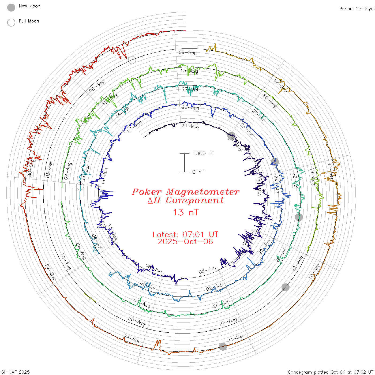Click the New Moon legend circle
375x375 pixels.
[11, 8]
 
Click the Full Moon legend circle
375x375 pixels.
[11, 22]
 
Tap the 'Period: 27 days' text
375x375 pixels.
[356, 9]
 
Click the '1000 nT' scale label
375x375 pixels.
[203, 153]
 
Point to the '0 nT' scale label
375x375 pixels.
[198, 172]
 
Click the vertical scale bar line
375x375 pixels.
[184, 163]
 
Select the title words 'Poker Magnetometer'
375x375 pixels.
[185, 192]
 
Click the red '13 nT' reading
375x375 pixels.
[185, 212]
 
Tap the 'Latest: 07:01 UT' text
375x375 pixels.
[185, 235]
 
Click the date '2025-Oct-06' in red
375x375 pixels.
[185, 242]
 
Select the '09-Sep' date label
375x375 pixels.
[187, 52]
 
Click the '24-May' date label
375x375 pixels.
[190, 126]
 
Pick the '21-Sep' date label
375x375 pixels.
[236, 338]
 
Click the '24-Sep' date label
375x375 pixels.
[132, 339]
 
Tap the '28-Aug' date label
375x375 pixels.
[137, 321]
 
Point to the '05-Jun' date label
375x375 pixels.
[207, 270]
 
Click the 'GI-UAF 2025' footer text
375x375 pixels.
[16, 372]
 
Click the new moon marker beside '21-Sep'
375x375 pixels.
[223, 347]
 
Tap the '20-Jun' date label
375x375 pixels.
[190, 108]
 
